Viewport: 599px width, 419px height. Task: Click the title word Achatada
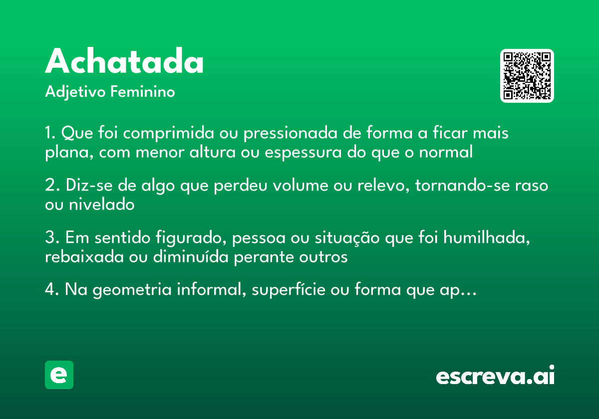124,62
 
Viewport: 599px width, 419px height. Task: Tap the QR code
527,76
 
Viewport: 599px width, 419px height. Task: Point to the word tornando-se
460,186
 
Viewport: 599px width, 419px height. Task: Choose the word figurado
191,238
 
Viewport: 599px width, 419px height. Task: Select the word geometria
129,290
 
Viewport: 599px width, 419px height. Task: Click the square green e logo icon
59,375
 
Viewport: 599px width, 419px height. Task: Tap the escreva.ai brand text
495,376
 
